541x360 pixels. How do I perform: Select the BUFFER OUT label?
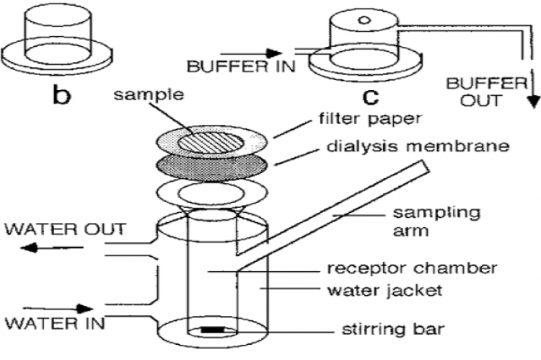pyautogui.click(x=481, y=92)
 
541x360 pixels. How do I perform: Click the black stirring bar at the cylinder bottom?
pyautogui.click(x=212, y=331)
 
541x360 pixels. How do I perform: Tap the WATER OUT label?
pyautogui.click(x=65, y=229)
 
